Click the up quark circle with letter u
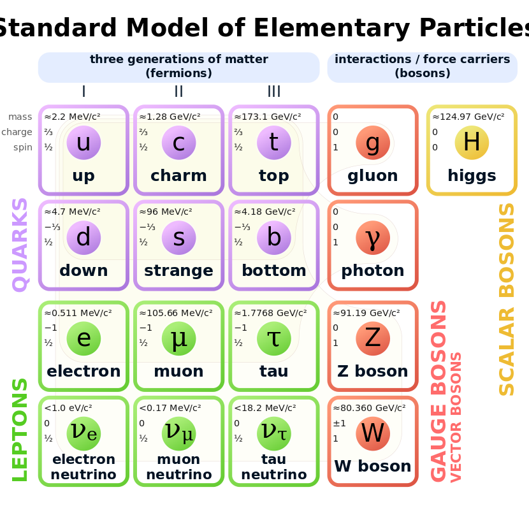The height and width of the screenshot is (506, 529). pyautogui.click(x=83, y=143)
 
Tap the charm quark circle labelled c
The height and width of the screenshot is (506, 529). pyautogui.click(x=178, y=143)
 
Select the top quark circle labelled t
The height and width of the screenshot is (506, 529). pyautogui.click(x=273, y=143)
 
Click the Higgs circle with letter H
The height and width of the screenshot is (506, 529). pyautogui.click(x=472, y=142)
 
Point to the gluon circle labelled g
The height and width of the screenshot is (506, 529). pyautogui.click(x=373, y=143)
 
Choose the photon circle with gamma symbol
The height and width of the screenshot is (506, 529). pyautogui.click(x=373, y=238)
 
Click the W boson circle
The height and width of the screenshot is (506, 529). pyautogui.click(x=373, y=433)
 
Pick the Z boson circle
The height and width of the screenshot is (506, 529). pyautogui.click(x=373, y=338)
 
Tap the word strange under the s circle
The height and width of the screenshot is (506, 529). pyautogui.click(x=178, y=271)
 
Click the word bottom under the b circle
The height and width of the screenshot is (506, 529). pyautogui.click(x=273, y=271)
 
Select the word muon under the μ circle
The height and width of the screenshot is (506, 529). pyautogui.click(x=178, y=371)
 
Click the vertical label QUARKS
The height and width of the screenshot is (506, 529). pyautogui.click(x=20, y=245)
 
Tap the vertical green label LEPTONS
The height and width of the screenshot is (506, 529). pyautogui.click(x=20, y=430)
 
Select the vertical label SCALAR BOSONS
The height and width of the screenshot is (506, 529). pyautogui.click(x=507, y=300)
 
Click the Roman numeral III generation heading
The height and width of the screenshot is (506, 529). pyautogui.click(x=273, y=92)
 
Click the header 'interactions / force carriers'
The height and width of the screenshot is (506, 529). pyautogui.click(x=422, y=59)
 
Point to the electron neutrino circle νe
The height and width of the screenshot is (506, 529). pyautogui.click(x=83, y=433)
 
